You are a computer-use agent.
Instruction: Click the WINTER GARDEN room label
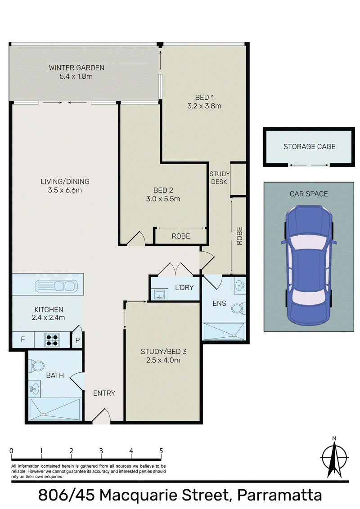pos(76,68)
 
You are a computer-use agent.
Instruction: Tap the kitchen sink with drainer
pos(56,286)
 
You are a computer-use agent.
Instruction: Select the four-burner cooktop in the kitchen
pos(52,339)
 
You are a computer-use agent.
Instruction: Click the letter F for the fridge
pos(23,339)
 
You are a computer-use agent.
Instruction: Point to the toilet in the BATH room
pos(37,366)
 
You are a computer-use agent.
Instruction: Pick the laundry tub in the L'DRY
pos(159,295)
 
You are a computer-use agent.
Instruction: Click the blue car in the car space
pos(309,265)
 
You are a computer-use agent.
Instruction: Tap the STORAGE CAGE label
pos(309,147)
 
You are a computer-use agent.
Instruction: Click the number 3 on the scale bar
pos(101,451)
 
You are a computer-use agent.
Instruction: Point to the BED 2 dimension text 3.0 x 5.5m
pos(163,199)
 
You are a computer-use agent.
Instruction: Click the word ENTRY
pos(104,393)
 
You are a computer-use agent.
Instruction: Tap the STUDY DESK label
pos(219,178)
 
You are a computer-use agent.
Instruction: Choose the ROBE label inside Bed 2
pos(181,237)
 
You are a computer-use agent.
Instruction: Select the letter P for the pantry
pos(78,341)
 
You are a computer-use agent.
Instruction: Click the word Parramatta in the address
pos(280,496)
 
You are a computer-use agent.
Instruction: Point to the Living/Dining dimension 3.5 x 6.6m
pos(65,190)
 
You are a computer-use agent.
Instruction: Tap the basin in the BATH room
pos(35,388)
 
